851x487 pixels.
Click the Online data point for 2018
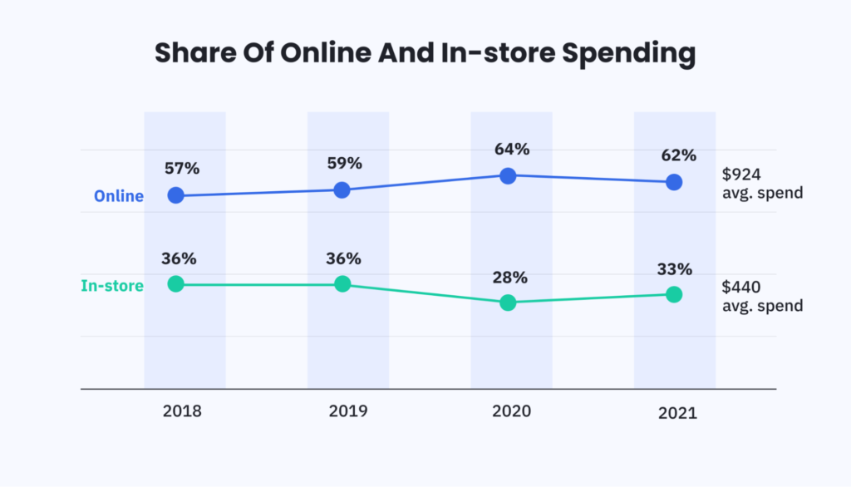click(175, 195)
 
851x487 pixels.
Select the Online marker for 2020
click(509, 175)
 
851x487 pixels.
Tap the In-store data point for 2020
click(509, 303)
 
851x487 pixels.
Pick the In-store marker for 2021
click(674, 294)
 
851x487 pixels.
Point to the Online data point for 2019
click(342, 189)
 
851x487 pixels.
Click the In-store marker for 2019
click(342, 284)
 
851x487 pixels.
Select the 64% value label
click(511, 150)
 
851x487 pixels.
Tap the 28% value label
click(511, 277)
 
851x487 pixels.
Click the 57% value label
click(180, 169)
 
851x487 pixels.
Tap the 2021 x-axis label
click(676, 412)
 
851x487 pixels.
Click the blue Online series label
click(119, 197)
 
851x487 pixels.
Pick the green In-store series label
click(112, 286)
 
